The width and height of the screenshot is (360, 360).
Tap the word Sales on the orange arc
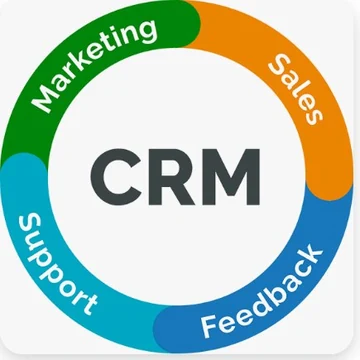click(x=295, y=89)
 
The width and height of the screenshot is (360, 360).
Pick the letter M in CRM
click(x=232, y=177)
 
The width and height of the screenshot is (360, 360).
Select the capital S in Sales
click(x=281, y=66)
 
